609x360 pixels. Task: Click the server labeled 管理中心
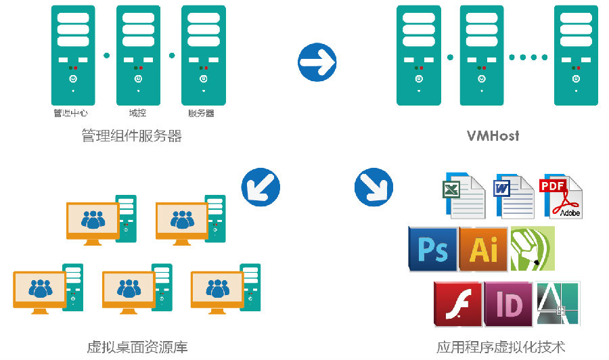point(73,54)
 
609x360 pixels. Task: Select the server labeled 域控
point(138,54)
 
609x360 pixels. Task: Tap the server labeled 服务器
point(203,54)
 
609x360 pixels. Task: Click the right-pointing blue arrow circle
point(317,63)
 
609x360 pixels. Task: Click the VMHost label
point(493,135)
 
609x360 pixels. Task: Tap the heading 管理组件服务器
point(131,136)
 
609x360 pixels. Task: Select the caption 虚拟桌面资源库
point(137,347)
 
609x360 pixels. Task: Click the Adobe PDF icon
point(561,196)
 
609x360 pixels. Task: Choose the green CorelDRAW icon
point(533,249)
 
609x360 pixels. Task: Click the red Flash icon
point(457,303)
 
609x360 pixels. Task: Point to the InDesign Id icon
point(508,303)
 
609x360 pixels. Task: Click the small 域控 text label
point(138,113)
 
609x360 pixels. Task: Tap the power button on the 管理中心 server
point(73,79)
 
